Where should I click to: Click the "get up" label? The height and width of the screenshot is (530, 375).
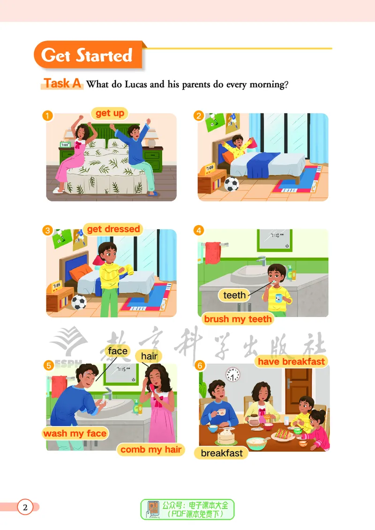tap(110, 113)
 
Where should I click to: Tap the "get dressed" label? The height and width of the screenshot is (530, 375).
tap(113, 229)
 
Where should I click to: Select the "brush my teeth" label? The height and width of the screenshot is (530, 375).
tap(238, 319)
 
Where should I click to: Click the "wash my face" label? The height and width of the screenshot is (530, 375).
tap(75, 433)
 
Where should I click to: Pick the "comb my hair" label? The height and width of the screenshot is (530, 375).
tap(151, 449)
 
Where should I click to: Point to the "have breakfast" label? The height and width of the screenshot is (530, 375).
tap(291, 362)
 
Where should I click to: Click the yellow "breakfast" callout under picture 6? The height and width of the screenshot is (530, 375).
tap(221, 453)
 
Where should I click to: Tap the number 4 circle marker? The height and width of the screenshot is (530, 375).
tap(199, 230)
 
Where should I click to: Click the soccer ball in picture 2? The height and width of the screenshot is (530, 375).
tap(232, 184)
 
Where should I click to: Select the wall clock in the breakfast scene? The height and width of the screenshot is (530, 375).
tap(233, 375)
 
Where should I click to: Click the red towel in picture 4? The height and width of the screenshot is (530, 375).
tap(213, 253)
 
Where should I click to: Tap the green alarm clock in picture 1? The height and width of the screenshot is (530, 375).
tap(65, 144)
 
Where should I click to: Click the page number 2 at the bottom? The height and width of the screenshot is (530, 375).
tap(25, 507)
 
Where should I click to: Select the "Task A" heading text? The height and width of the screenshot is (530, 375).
tap(62, 83)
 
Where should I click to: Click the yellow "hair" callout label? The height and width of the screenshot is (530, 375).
tap(149, 356)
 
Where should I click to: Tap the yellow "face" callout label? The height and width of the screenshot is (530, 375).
tap(118, 351)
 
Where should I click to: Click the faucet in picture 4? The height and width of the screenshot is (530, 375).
tap(261, 261)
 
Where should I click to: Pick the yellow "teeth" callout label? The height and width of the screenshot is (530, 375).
tap(234, 295)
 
